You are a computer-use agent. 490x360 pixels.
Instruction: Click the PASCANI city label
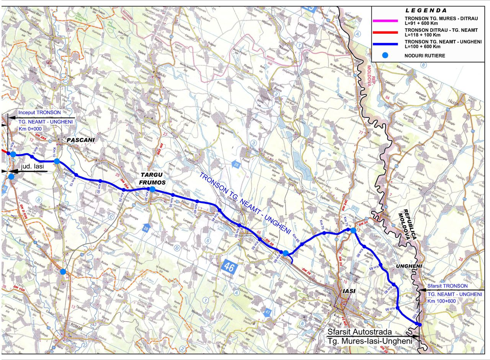pyautogui.click(x=80, y=140)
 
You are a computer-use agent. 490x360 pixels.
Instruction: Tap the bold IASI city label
pyautogui.click(x=349, y=291)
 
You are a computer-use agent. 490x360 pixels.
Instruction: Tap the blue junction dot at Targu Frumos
pyautogui.click(x=152, y=189)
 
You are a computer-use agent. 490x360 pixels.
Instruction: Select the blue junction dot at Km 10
pyautogui.click(x=57, y=161)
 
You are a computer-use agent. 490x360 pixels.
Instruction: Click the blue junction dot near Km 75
pyautogui.click(x=353, y=230)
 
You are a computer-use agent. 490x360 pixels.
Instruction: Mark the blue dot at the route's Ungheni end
pyautogui.click(x=420, y=325)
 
